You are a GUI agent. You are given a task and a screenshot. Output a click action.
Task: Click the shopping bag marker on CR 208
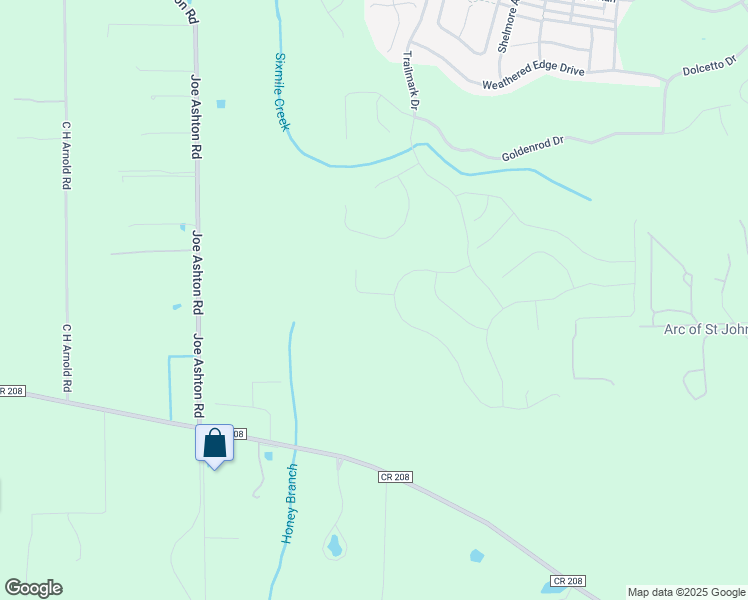pos(214,443)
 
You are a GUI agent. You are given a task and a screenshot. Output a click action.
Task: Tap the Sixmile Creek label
pos(282,91)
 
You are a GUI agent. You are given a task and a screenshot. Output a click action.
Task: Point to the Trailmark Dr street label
pos(410,80)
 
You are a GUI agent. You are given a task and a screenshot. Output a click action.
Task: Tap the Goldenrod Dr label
pos(533,148)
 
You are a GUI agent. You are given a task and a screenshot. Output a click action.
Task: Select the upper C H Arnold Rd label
pos(68,156)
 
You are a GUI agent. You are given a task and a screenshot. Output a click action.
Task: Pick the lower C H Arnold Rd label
pos(68,357)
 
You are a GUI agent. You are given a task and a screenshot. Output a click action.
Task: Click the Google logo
pos(33,588)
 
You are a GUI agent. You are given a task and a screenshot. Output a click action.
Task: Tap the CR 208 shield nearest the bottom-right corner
pos(567,581)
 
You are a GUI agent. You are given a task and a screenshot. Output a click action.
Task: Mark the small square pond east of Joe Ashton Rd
pos(220,103)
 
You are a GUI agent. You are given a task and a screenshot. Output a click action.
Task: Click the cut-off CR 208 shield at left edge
pos(11,390)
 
